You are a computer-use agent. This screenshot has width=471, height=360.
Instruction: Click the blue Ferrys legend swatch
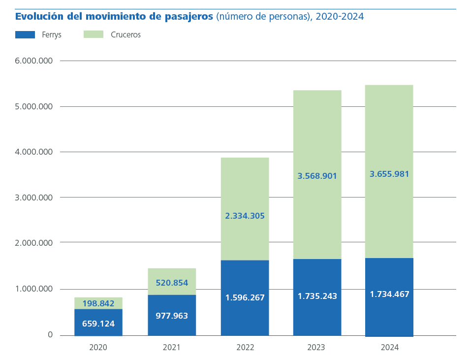pos(25,34)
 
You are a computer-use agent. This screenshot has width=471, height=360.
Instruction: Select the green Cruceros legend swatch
pos(94,34)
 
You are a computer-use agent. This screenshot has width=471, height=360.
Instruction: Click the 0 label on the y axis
pos(50,334)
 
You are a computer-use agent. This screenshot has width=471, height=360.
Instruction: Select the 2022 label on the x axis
pos(245,348)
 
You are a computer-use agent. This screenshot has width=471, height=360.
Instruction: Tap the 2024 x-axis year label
pos(389,348)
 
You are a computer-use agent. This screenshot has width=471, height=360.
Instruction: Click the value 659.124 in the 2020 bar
pos(98,324)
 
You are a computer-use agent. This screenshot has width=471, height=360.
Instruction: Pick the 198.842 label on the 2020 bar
pos(98,303)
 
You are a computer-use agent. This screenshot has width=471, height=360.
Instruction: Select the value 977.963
pos(172,316)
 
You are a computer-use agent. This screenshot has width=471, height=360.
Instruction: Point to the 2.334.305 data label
pos(245,216)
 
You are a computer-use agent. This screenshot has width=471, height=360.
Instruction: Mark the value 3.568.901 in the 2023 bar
pos(317,176)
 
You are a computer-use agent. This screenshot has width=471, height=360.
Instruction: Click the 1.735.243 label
pos(317,296)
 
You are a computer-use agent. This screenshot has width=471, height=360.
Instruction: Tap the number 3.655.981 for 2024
pos(389,174)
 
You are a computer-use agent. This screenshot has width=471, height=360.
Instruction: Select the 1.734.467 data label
pos(389,294)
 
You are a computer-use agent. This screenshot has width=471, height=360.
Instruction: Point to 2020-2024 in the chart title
pos(340,16)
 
